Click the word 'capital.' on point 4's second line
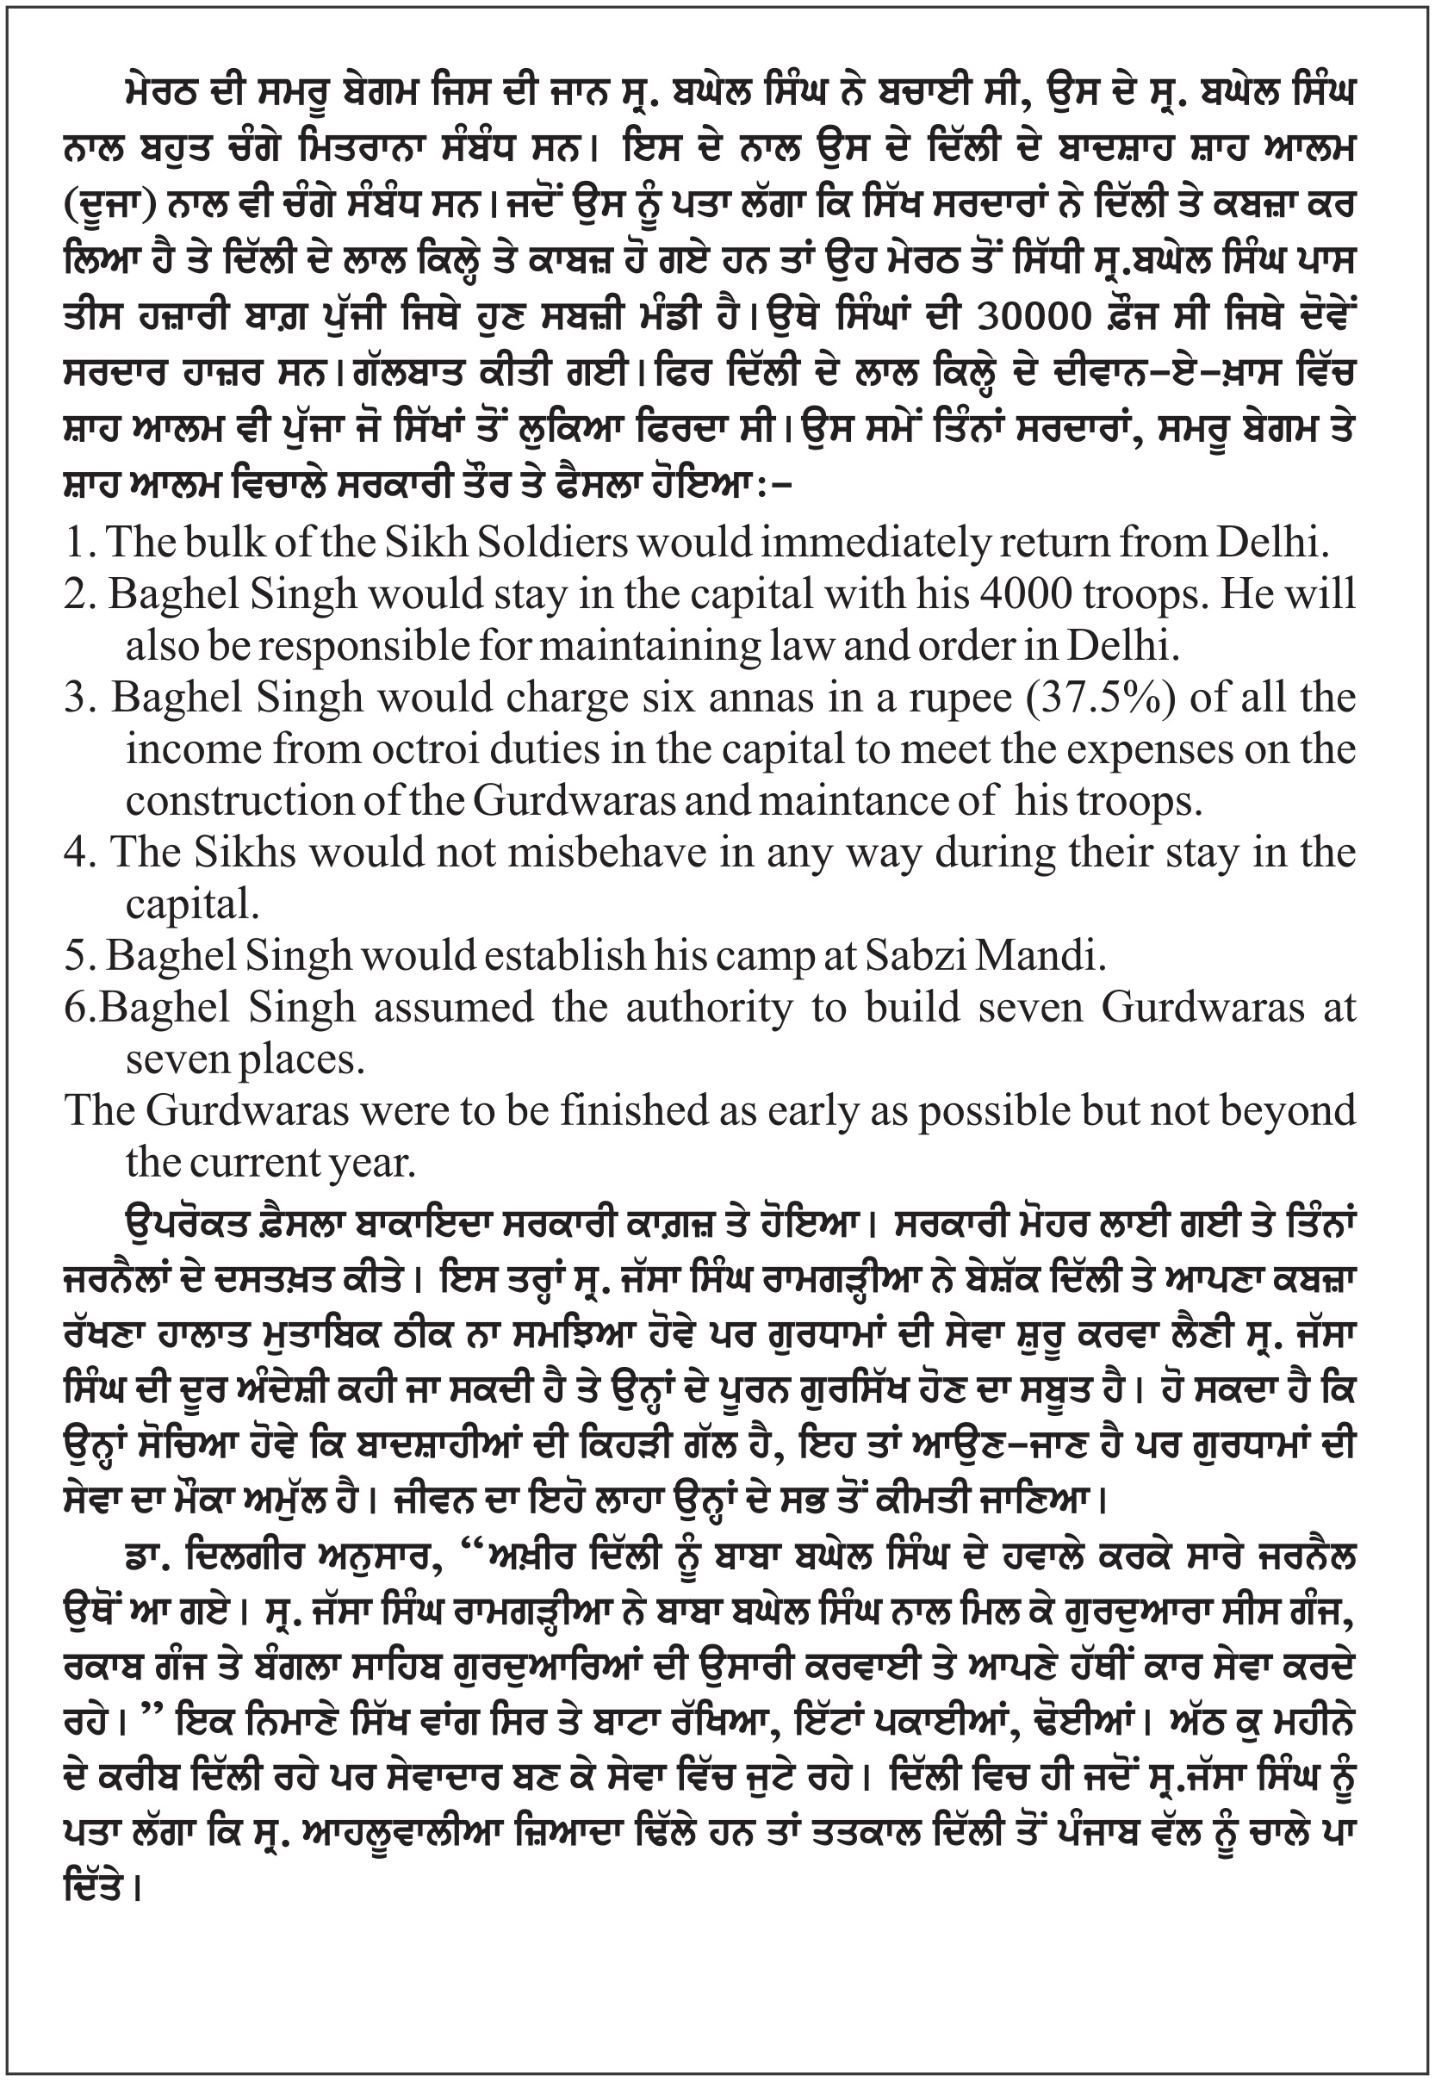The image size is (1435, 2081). pos(193,905)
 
